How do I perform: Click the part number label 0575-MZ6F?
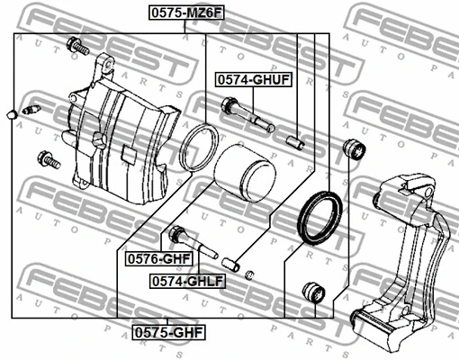(x=185, y=13)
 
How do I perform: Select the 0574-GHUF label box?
(x=252, y=80)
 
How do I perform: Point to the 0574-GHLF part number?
(x=187, y=281)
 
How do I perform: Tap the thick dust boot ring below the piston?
(x=316, y=218)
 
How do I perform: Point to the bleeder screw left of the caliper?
(x=33, y=111)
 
